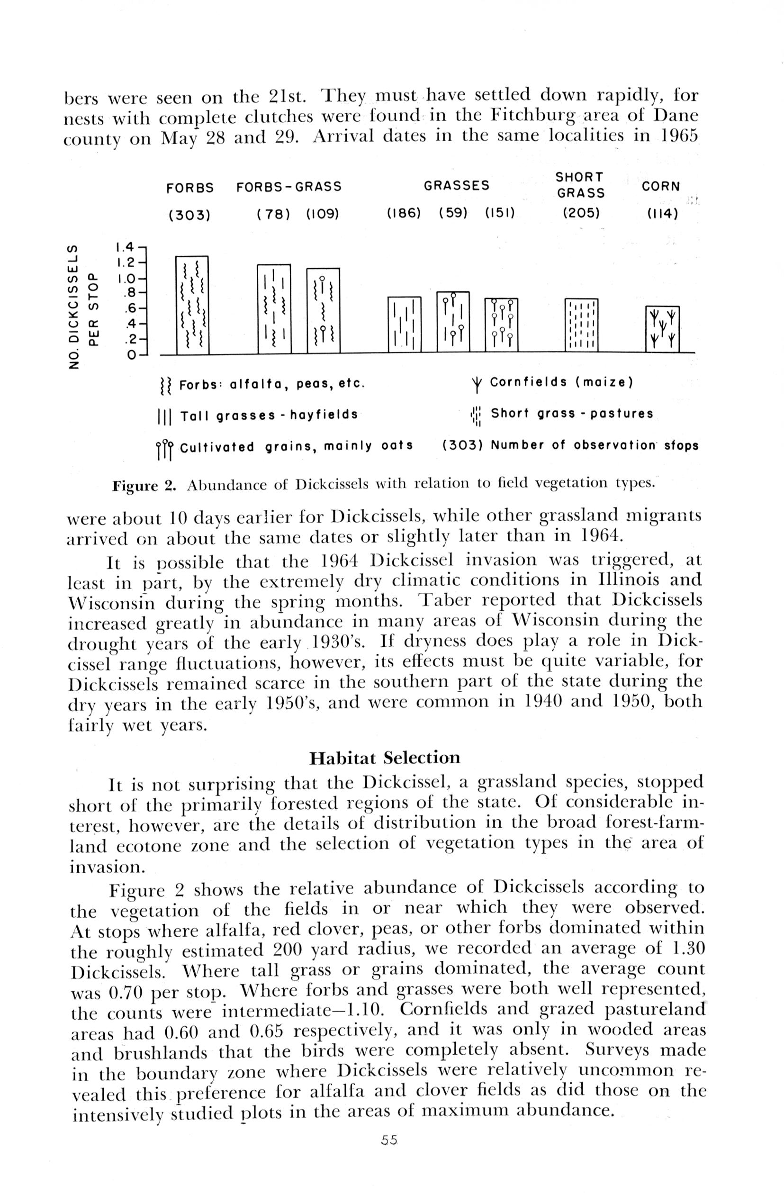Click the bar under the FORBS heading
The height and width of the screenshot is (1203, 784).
click(x=191, y=305)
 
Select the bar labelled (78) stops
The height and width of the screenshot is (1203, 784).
click(x=273, y=308)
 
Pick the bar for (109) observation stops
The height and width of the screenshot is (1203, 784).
click(x=323, y=310)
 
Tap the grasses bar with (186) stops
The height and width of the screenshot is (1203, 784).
click(x=404, y=324)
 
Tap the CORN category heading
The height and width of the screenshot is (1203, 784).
click(x=661, y=187)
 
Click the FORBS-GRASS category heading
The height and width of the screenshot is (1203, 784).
click(x=288, y=187)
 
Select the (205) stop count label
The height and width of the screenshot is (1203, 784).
click(x=581, y=213)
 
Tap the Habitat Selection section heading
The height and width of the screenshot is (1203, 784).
click(x=385, y=758)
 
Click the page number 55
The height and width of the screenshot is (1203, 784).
click(x=390, y=1140)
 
